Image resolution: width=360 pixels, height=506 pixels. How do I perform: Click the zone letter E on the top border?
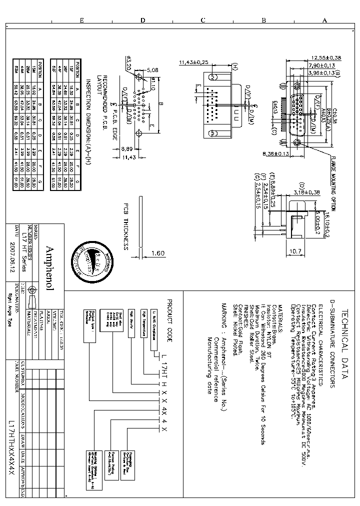(x=81, y=20)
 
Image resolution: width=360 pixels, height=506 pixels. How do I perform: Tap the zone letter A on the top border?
(x=324, y=20)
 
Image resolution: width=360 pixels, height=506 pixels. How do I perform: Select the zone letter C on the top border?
(x=203, y=20)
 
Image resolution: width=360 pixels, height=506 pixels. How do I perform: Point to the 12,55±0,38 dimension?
(x=325, y=58)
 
